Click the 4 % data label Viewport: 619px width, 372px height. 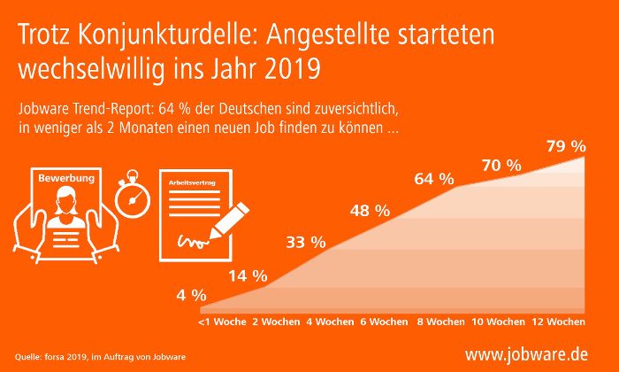pyautogui.click(x=191, y=295)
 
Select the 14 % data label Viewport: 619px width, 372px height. pyautogui.click(x=248, y=275)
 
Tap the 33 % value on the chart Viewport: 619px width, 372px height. pyautogui.click(x=305, y=242)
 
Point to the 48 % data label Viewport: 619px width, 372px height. pyautogui.click(x=369, y=211)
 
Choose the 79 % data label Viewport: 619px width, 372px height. pyautogui.click(x=566, y=144)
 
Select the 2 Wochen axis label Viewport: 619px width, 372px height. pyautogui.click(x=276, y=321)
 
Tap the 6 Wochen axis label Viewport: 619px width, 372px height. pyautogui.click(x=384, y=321)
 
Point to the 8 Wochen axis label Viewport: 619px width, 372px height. pyautogui.click(x=439, y=321)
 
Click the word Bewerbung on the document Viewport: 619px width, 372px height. pyautogui.click(x=65, y=179)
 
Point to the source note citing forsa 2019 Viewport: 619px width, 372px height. pyautogui.click(x=95, y=357)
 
